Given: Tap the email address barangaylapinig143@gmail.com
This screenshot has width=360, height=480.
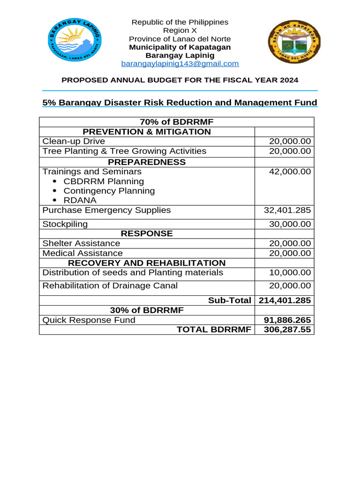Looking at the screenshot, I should (180, 63).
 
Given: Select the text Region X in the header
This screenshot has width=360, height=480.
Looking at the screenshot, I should (180, 30).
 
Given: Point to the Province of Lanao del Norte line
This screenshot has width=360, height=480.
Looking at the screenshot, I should (180, 39).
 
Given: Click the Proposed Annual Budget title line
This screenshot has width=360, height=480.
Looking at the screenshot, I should (180, 80).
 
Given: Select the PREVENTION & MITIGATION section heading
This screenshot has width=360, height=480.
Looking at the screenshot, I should (147, 132).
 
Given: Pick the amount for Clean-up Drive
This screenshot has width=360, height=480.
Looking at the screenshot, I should (289, 142).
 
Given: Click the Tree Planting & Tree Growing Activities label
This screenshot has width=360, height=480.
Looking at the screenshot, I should (124, 151).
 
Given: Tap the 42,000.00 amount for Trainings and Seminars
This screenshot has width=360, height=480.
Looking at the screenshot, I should (289, 172).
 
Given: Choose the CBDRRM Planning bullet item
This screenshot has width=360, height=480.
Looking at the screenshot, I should (104, 181).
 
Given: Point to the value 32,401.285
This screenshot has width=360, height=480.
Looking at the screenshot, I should (287, 210).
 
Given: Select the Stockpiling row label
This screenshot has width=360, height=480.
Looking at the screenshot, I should (65, 224).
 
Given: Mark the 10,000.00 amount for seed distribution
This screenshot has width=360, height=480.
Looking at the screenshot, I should (289, 273).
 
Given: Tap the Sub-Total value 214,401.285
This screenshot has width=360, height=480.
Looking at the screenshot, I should (285, 300).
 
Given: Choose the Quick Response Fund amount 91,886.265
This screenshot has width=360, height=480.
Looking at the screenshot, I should (286, 320).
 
